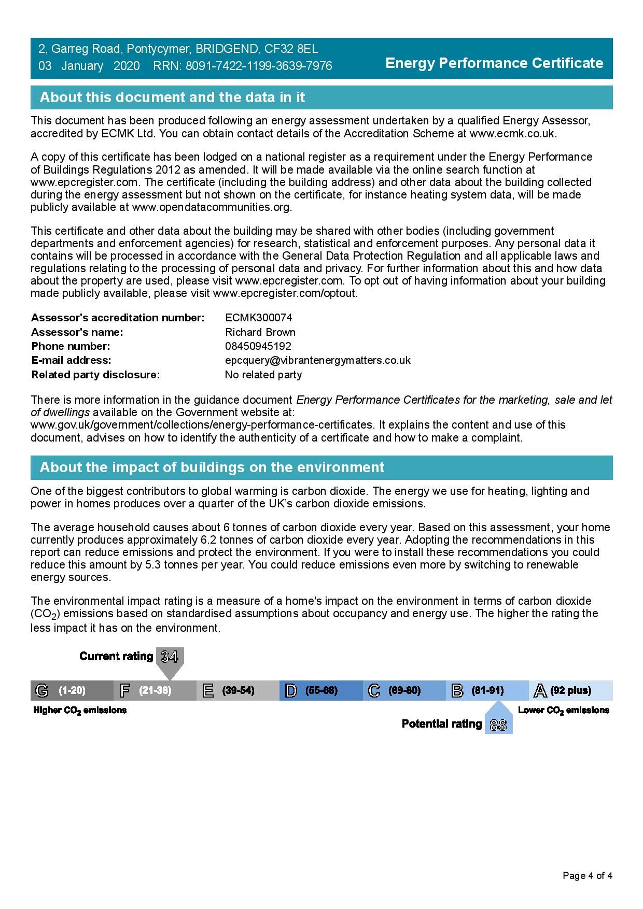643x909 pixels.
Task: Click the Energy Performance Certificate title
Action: click(494, 63)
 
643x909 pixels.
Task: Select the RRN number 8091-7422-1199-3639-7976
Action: click(259, 66)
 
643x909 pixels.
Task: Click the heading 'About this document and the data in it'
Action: click(172, 97)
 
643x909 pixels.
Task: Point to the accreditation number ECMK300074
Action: click(258, 318)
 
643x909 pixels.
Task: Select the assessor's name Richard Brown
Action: click(260, 332)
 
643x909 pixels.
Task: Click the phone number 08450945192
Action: click(258, 346)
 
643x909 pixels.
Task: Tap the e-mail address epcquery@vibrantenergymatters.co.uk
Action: click(317, 360)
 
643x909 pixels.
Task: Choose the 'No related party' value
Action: click(263, 375)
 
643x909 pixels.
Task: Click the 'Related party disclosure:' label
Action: click(95, 375)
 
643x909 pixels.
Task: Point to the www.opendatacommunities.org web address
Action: click(212, 207)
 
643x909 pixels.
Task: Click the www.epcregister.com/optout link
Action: click(285, 293)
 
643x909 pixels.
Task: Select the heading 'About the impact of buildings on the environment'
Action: click(212, 467)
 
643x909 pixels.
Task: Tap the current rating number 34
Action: click(170, 657)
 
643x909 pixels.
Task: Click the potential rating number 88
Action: click(498, 725)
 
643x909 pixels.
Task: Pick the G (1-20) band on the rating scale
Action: click(72, 690)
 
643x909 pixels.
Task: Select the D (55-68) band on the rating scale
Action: click(320, 690)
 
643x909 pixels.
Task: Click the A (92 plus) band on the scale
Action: click(570, 690)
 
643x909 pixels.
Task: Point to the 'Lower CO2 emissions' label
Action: click(563, 711)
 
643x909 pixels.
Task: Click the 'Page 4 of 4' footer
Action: click(588, 876)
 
